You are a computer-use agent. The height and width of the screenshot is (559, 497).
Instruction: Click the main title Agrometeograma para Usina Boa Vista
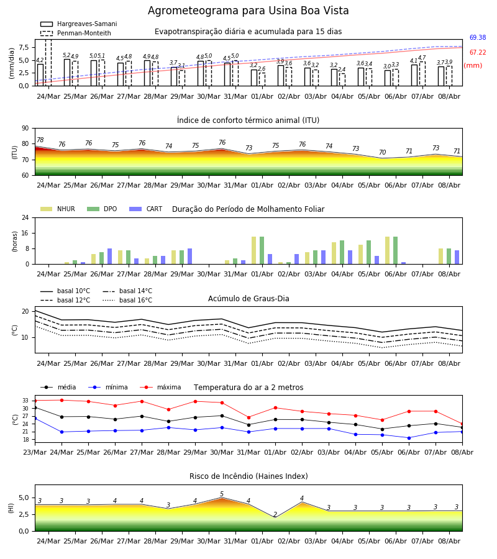pos(248,11)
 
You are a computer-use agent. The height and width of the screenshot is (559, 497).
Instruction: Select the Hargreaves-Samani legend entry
pos(79,24)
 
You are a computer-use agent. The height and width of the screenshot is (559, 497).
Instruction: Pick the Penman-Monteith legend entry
pos(76,33)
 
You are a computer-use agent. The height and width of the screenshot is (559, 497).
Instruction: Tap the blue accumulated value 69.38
pos(478,37)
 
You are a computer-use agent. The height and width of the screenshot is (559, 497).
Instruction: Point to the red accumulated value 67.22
pos(478,52)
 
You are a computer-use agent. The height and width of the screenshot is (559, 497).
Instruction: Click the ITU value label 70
pos(382,152)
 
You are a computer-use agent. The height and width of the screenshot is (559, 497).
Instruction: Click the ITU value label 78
pos(40,140)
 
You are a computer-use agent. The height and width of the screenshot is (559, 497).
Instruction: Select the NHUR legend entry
pos(58,209)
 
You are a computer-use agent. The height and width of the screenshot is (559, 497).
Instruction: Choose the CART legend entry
pos(146,209)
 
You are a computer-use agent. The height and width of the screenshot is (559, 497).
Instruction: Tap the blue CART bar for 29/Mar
pos(189,257)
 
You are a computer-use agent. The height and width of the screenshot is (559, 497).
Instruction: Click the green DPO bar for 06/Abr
pos(395,251)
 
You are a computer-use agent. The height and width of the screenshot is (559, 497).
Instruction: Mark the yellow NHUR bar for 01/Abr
pos(254,251)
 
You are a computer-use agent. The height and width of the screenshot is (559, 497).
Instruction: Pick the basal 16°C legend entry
pos(127,300)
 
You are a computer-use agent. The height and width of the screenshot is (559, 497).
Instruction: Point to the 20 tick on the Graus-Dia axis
pos(25,311)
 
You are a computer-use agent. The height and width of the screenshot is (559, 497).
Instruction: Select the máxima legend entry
pos(160,387)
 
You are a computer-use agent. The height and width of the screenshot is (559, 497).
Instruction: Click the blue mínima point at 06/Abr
pos(409,438)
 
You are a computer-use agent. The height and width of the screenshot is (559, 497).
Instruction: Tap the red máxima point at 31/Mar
pos(248,417)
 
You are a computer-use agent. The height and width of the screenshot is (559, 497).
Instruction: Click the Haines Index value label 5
pos(222,494)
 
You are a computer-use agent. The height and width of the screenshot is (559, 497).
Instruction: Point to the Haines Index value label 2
pos(275,514)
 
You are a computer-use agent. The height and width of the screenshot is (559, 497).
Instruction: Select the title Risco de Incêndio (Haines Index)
pos(248,476)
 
